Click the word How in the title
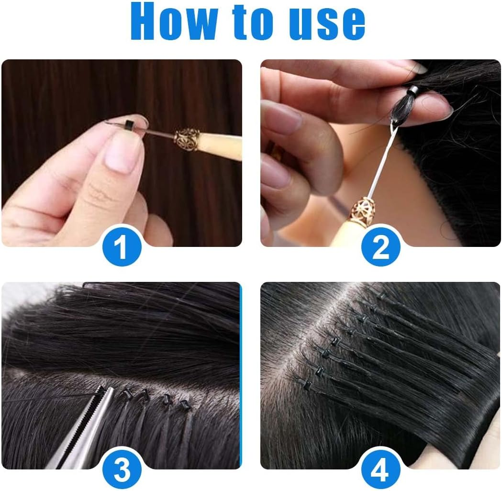[x=177, y=22]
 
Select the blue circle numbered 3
[x=122, y=470]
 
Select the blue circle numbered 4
[x=380, y=470]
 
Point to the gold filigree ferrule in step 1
[x=186, y=139]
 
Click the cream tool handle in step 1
[x=220, y=146]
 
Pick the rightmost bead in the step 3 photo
[x=184, y=405]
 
